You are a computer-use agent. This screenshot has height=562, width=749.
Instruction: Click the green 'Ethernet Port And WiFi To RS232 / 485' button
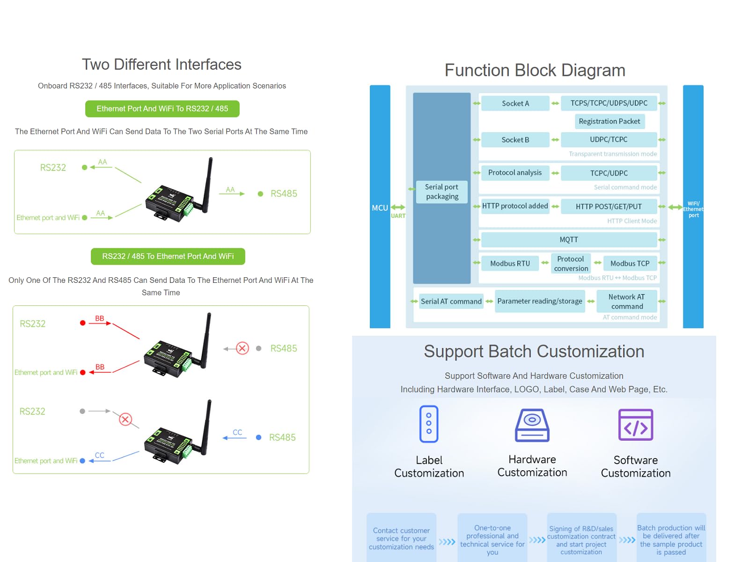[x=162, y=109]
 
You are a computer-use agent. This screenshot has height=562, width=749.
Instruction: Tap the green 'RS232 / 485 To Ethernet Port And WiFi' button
[x=168, y=256]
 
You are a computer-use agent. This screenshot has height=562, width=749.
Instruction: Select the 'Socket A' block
[x=515, y=104]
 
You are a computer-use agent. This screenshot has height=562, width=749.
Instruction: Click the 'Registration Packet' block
[x=609, y=121]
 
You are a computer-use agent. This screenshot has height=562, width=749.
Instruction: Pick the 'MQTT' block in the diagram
[x=569, y=239]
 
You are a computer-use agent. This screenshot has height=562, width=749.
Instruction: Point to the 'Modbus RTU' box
[x=510, y=263]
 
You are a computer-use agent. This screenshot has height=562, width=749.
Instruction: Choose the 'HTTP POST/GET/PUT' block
[x=609, y=207]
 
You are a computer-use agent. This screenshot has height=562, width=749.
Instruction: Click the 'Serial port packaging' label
[x=442, y=192]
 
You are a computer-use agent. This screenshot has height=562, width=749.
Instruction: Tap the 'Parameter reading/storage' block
[x=540, y=301]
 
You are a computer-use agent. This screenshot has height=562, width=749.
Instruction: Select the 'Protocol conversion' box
[x=571, y=263]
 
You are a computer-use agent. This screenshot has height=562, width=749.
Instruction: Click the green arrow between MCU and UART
[x=398, y=207]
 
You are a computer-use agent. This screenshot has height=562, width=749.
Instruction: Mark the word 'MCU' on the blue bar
[x=380, y=208]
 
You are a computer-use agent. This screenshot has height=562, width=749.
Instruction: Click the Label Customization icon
[x=429, y=424]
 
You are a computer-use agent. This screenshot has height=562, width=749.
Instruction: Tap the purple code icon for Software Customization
[x=636, y=425]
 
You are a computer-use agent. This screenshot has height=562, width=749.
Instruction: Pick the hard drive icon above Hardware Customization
[x=532, y=425]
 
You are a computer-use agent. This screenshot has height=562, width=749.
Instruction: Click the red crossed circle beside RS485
[x=242, y=348]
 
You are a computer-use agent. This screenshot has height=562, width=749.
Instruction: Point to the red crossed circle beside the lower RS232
[x=125, y=419]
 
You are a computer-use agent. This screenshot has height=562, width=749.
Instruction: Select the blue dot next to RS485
[x=259, y=437]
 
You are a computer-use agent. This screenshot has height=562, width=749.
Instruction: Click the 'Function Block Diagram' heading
[x=535, y=70]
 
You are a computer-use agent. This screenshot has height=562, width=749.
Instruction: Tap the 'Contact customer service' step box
[x=401, y=538]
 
